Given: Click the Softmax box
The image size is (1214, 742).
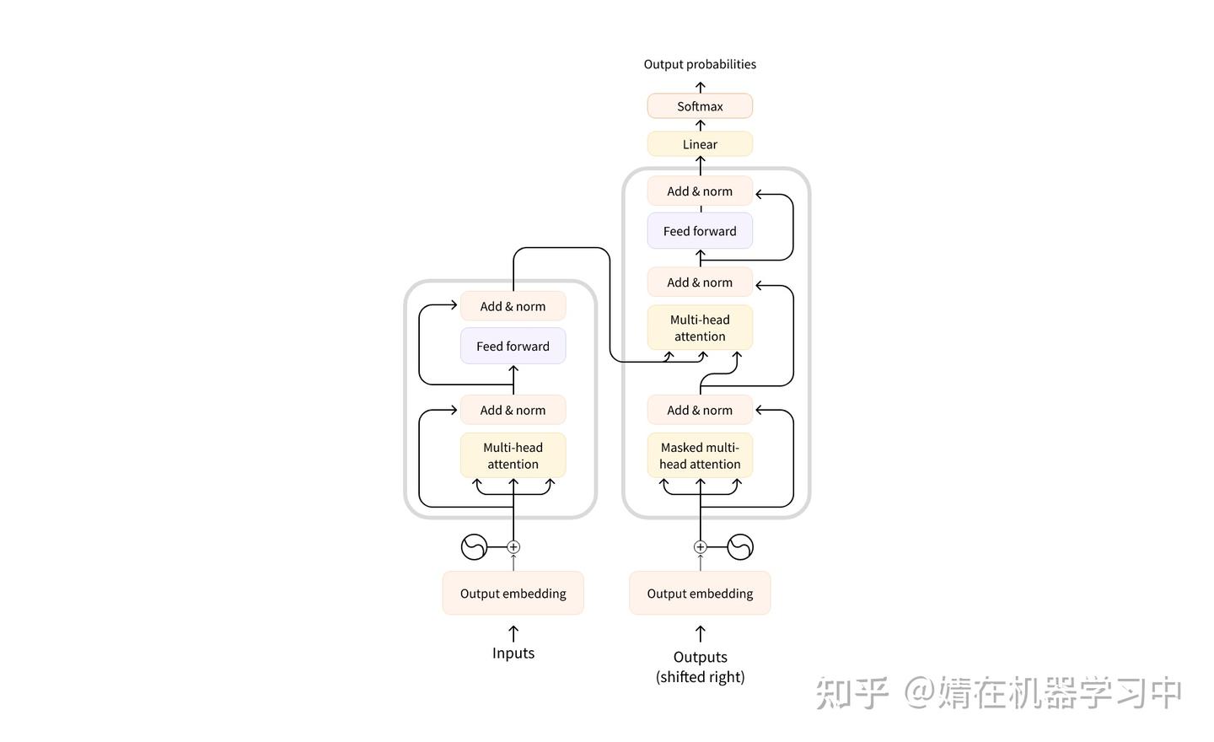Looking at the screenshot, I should pos(700,106).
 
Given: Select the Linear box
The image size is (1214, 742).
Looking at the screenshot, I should pos(700,144).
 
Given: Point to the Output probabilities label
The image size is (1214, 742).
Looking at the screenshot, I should pos(700,64).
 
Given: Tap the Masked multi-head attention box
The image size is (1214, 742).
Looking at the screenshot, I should pos(700,455).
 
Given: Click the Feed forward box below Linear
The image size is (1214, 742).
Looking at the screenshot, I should pos(700,231).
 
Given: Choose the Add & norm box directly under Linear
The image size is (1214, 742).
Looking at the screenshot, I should pos(700,191).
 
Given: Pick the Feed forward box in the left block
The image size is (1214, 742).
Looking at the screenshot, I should pos(513,346).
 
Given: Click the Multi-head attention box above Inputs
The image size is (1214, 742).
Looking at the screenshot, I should pos(513,455).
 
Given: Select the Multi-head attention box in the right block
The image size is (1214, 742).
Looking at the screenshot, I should pos(700,328).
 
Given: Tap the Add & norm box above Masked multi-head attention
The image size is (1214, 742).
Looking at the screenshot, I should pos(700,410).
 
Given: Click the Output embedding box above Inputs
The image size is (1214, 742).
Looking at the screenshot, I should pos(513,594).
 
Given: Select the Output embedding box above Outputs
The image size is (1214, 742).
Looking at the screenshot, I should pos(700,594).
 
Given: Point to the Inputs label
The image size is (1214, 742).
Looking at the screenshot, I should pos(513,653).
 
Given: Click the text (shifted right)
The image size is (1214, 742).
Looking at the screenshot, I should pos(700,677).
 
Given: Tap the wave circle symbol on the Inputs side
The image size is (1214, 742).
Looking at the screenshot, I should pos(475,547).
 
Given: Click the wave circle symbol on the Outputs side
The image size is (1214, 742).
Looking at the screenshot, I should pos(740,547).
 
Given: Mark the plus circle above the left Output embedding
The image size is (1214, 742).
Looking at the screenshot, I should pos(513,547).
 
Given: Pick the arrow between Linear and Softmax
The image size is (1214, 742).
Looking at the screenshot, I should pos(700,125).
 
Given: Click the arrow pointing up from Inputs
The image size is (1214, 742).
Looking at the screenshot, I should pos(513,633).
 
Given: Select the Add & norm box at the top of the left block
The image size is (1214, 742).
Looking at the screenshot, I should pos(513,306).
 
